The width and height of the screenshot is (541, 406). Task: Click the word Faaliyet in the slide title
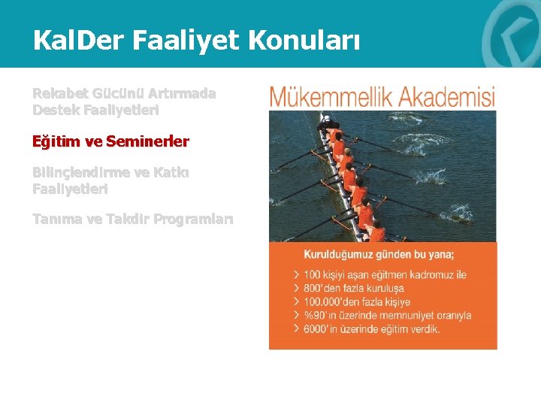(x=180, y=40)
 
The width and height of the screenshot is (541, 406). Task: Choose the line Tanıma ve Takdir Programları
(x=132, y=220)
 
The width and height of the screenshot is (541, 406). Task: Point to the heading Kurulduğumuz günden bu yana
(x=379, y=254)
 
